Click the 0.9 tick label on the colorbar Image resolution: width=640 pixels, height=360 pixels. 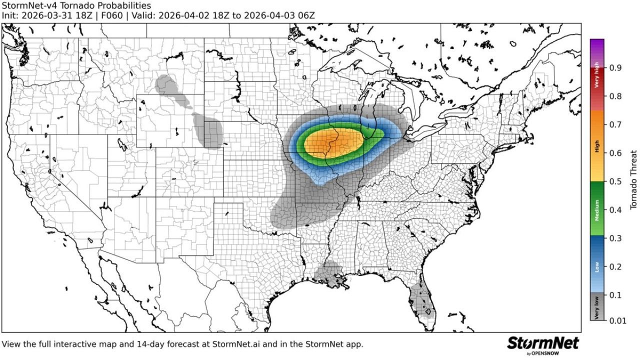(x=615, y=67)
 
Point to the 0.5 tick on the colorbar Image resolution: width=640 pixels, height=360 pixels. (x=615, y=181)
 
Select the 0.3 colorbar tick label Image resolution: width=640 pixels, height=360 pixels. (x=615, y=238)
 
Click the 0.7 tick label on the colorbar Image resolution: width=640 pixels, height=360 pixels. (x=615, y=124)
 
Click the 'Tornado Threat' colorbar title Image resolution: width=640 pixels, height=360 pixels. (x=633, y=180)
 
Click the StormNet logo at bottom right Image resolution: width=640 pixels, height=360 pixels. (x=542, y=344)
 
